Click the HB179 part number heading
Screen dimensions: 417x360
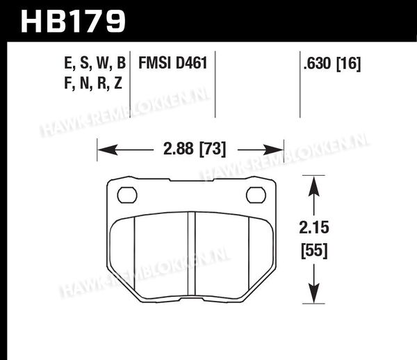point(73,22)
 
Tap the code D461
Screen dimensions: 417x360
point(192,63)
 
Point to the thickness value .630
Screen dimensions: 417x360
point(318,63)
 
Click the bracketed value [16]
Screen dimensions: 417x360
point(349,64)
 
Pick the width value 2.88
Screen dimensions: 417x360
point(179,149)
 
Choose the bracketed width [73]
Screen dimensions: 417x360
point(213,149)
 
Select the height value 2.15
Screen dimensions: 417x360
point(314,227)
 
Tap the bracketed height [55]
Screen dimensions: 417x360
point(314,251)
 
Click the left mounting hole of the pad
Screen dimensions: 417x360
point(127,195)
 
